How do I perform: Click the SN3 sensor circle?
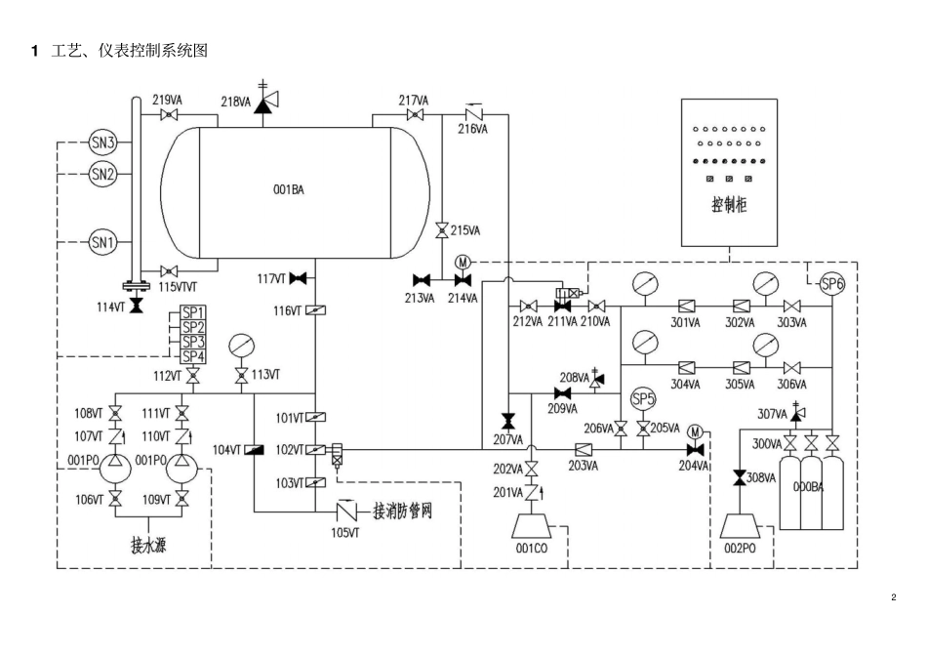coord(103,143)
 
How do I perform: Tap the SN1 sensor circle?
coord(103,240)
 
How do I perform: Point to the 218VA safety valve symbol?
coord(262,102)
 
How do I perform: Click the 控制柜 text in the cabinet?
coord(729,206)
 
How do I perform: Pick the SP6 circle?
coord(831,284)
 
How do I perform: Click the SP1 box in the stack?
coord(193,312)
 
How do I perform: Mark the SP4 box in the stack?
coord(193,356)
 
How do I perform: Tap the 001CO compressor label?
coord(533,548)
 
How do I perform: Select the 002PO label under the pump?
coord(742,548)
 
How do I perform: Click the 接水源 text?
coord(147,545)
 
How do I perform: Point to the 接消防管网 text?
coord(401,511)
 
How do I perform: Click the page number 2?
coord(893,597)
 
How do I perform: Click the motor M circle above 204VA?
coord(695,431)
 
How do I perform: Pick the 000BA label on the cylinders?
coord(808,486)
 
